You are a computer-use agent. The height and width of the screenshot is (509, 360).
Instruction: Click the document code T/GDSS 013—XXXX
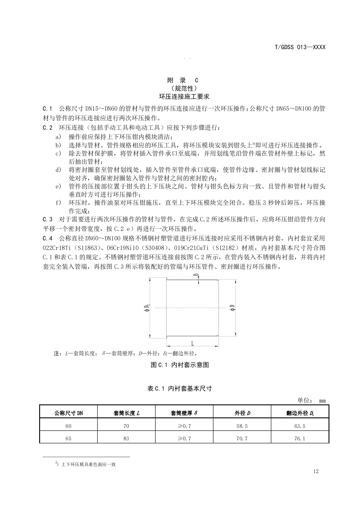tap(300, 47)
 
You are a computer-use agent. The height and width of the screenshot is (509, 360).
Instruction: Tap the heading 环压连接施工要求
tap(184, 97)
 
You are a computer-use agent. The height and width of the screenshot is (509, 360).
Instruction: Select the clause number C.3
tap(47, 219)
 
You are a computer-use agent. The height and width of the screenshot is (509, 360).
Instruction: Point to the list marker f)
tap(58, 203)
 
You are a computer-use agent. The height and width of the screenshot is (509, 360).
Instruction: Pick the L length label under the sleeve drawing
tap(192, 344)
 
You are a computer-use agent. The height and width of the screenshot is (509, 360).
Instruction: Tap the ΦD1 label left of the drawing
tap(147, 308)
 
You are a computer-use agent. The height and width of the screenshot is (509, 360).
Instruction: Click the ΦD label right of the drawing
tap(232, 308)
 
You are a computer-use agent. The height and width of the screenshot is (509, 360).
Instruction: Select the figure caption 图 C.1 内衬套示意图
tap(180, 365)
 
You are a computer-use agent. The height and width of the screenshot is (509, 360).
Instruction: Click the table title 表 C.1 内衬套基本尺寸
tap(180, 388)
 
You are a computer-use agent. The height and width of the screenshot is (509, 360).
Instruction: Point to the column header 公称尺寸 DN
tap(69, 413)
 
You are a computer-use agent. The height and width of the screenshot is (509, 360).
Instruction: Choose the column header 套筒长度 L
tap(126, 413)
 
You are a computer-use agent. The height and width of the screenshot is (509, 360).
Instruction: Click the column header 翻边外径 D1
tap(300, 413)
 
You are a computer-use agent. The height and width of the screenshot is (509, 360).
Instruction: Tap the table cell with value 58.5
tap(242, 426)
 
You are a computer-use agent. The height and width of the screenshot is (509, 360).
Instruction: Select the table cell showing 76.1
tap(300, 439)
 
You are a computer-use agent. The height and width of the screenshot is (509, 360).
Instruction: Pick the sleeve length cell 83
tap(126, 439)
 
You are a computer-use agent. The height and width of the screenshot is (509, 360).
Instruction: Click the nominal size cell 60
tap(68, 426)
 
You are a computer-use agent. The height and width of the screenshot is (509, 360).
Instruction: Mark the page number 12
tap(316, 471)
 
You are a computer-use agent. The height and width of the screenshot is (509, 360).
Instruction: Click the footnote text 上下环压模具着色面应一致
tap(88, 464)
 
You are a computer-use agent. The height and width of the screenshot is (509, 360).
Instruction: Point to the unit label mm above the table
tap(322, 401)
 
